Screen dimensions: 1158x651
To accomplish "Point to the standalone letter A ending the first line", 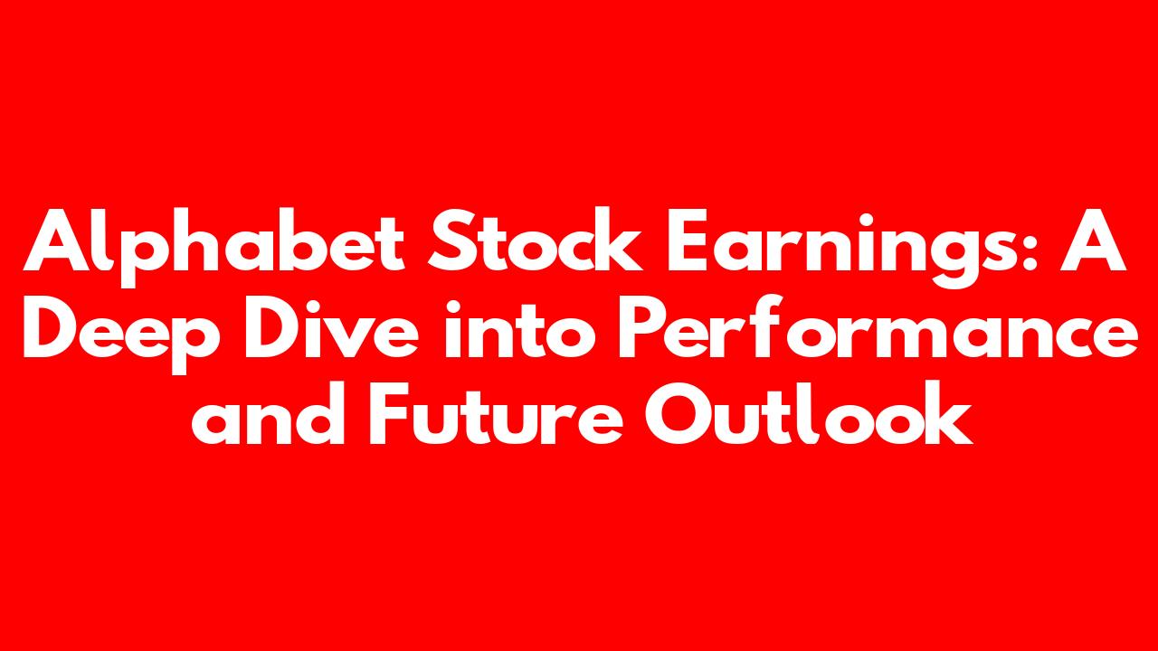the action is tap(1093, 240).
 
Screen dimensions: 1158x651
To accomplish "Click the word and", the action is tap(268, 413).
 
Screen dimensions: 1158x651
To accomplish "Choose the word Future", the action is tap(496, 413).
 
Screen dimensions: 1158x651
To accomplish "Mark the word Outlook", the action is tap(809, 412).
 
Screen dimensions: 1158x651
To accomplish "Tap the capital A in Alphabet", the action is tap(56, 240).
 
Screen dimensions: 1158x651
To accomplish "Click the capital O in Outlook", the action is tap(678, 413).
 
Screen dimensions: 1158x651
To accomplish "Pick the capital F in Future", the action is tap(389, 413).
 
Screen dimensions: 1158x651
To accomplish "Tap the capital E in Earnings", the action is tap(688, 240).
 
